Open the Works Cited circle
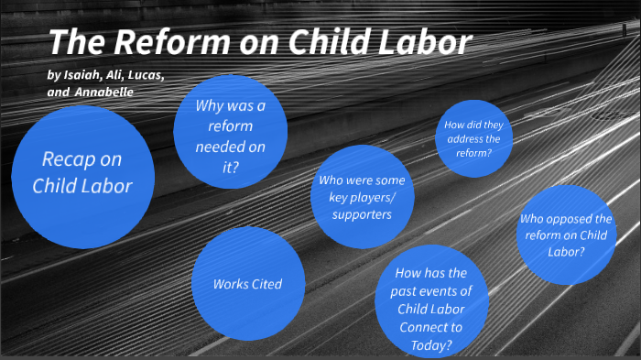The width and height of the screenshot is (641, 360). [x=247, y=284]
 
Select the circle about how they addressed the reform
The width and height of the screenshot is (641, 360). [x=473, y=139]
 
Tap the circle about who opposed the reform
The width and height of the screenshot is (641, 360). [x=565, y=235]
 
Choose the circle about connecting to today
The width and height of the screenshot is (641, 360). [x=430, y=308]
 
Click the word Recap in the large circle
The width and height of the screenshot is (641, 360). [x=69, y=158]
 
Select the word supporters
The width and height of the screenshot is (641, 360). [x=361, y=214]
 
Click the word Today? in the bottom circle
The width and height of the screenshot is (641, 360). [x=430, y=344]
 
